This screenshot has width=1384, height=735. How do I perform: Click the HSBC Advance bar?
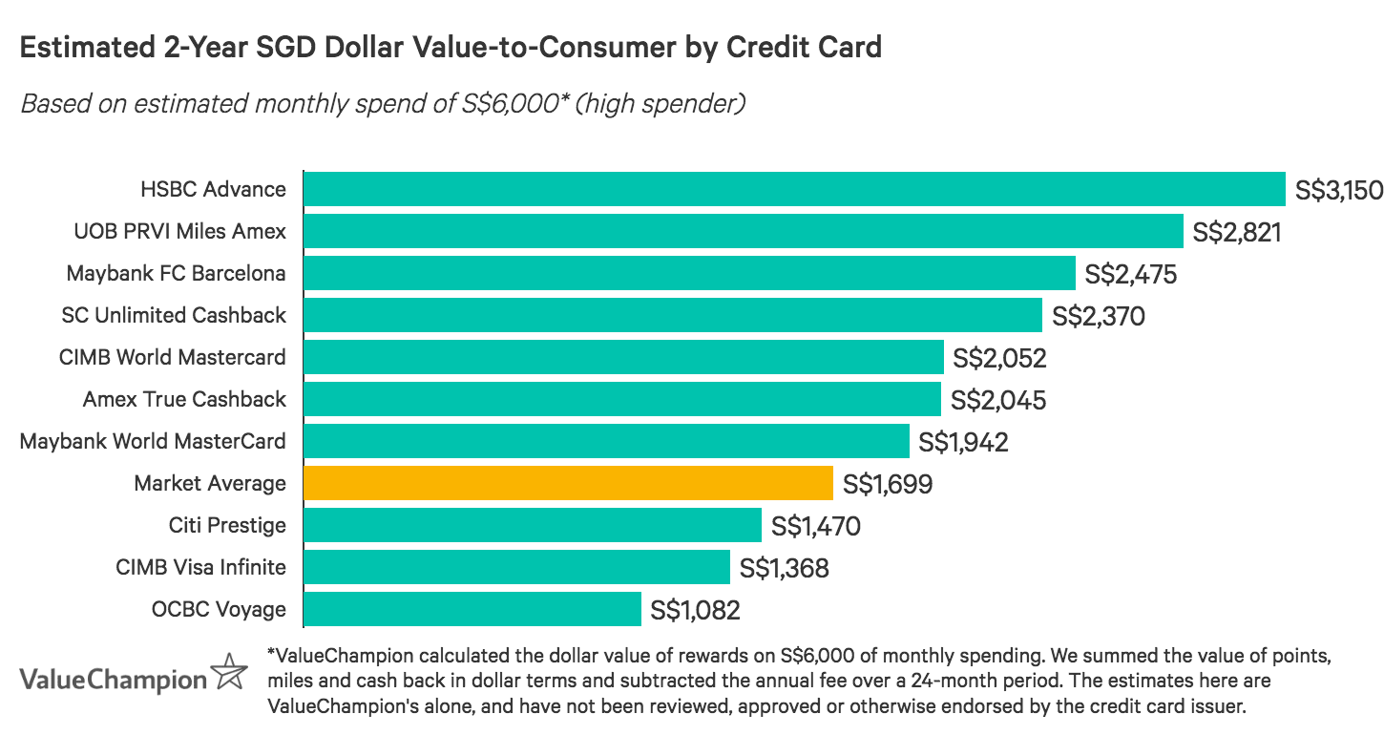[794, 189]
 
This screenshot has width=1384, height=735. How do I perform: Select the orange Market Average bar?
[568, 483]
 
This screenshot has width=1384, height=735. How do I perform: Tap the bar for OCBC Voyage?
[472, 609]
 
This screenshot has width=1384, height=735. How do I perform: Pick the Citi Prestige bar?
[532, 525]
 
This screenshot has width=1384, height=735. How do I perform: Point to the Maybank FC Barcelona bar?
[689, 273]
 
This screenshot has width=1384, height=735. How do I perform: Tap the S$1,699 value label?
[888, 484]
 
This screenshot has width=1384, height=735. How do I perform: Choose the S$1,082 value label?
[695, 610]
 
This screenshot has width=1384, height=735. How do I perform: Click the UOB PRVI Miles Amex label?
[179, 231]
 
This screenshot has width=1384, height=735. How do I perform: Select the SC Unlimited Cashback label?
[173, 315]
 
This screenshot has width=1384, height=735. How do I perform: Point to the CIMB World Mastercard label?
[172, 357]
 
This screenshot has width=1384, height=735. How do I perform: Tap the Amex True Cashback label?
[184, 399]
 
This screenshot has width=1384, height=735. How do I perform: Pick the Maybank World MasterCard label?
[153, 441]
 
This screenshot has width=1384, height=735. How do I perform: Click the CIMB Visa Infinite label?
[200, 567]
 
